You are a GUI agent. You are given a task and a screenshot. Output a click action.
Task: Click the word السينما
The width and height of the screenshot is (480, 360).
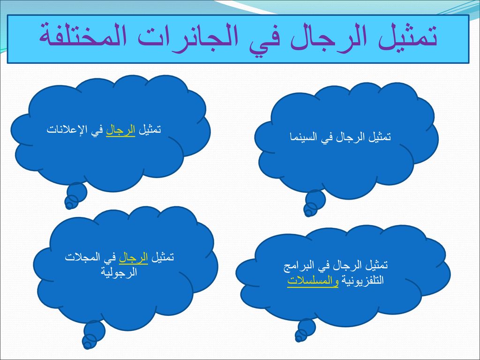[303, 136]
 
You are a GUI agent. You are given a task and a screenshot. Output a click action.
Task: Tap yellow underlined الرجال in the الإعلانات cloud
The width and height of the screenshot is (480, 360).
[120, 131]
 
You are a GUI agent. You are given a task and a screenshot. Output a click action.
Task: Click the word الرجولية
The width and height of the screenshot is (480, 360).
[119, 272]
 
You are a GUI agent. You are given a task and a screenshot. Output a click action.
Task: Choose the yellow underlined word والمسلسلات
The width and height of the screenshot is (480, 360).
[313, 281]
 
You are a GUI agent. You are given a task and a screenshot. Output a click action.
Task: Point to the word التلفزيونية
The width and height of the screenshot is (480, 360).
[362, 280]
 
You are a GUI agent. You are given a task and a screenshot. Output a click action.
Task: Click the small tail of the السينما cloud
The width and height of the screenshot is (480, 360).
[314, 203]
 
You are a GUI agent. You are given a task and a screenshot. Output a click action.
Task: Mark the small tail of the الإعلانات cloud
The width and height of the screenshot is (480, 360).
[75, 196]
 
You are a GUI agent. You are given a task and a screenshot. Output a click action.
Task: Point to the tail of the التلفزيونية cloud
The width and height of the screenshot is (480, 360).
[305, 330]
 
